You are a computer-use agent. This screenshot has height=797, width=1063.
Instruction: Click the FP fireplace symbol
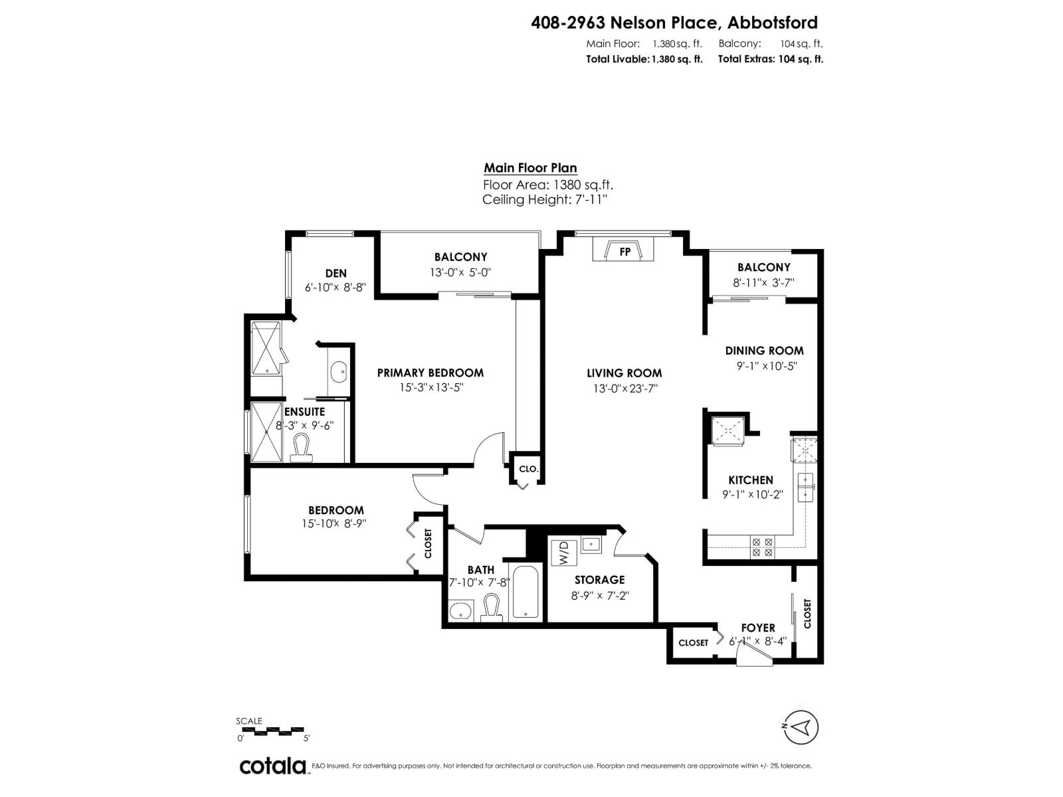pyautogui.click(x=624, y=251)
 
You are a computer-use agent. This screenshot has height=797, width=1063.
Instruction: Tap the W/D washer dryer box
pyautogui.click(x=563, y=553)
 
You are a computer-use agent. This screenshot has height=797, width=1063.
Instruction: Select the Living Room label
pyautogui.click(x=624, y=373)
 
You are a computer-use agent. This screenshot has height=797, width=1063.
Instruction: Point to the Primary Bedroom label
pyautogui.click(x=430, y=373)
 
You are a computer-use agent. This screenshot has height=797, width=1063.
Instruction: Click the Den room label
pyautogui.click(x=336, y=273)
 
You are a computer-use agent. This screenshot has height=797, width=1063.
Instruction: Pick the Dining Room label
pyautogui.click(x=764, y=351)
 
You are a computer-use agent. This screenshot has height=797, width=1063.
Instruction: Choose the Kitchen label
pyautogui.click(x=751, y=480)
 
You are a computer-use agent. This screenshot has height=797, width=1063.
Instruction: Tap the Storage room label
pyautogui.click(x=599, y=580)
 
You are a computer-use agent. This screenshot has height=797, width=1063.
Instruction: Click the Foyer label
pyautogui.click(x=758, y=628)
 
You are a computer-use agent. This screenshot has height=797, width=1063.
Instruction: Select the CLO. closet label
pyautogui.click(x=528, y=469)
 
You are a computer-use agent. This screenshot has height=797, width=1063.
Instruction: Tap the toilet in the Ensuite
pyautogui.click(x=302, y=448)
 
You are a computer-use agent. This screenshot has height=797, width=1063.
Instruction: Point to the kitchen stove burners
pyautogui.click(x=762, y=547)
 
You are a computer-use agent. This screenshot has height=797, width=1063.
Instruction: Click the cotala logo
pyautogui.click(x=272, y=766)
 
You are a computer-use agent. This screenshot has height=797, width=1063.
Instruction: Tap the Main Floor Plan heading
pyautogui.click(x=530, y=168)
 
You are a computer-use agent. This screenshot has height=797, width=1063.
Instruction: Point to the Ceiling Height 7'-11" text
pyautogui.click(x=545, y=199)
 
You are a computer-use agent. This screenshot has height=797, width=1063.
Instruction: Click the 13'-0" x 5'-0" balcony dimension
pyautogui.click(x=460, y=272)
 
